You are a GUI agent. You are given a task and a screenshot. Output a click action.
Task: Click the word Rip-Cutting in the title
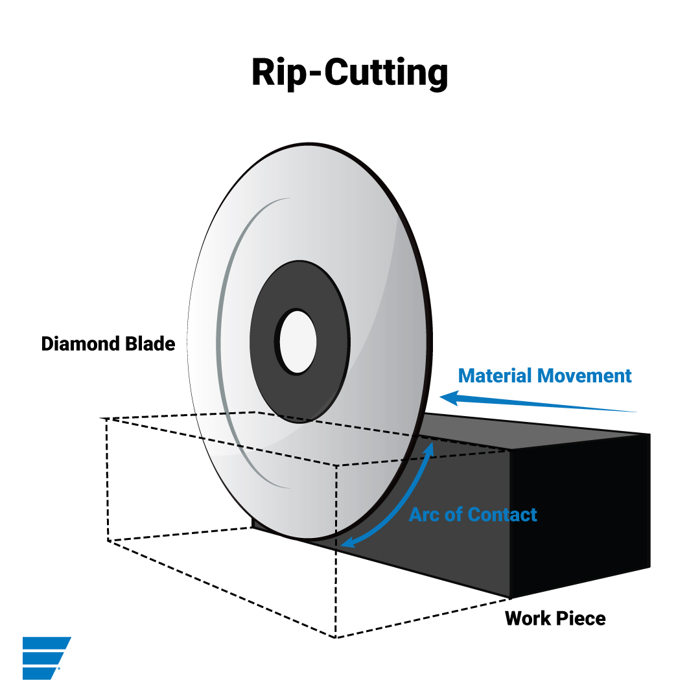tap(349, 73)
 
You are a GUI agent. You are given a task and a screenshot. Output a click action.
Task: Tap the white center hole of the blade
tap(297, 342)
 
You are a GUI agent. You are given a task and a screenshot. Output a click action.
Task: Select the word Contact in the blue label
tap(502, 515)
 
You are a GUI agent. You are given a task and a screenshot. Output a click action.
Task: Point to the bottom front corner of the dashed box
tap(335, 637)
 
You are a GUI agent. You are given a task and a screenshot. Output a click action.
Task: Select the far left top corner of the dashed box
tap(102, 419)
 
